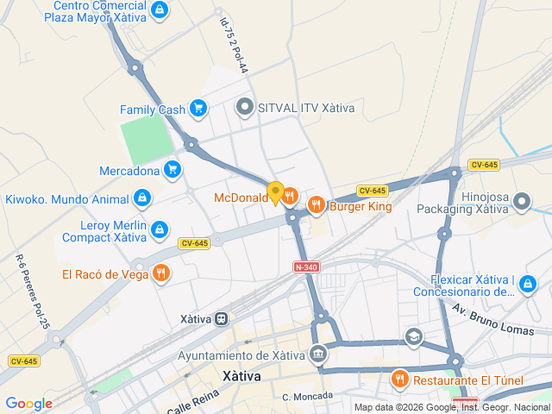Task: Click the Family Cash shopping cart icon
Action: (x=199, y=109)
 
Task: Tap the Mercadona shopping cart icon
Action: (x=173, y=169)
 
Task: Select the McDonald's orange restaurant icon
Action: (x=291, y=197)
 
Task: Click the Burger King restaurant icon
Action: (x=317, y=204)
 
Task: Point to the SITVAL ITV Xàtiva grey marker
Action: (x=245, y=108)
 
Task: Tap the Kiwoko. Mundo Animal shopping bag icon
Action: (x=142, y=198)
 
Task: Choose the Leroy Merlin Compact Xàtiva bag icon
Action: (x=160, y=229)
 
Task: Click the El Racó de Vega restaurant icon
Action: (x=160, y=274)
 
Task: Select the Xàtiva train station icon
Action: (x=221, y=318)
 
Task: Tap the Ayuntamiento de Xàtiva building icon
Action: (x=319, y=354)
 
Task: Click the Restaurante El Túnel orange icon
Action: (x=399, y=379)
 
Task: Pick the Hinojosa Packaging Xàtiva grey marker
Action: (x=521, y=202)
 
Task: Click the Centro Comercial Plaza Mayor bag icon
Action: (x=158, y=9)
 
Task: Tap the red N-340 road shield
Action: (x=306, y=267)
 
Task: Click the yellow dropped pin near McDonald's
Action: (x=275, y=192)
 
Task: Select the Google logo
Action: (x=28, y=403)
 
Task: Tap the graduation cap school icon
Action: (x=415, y=336)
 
